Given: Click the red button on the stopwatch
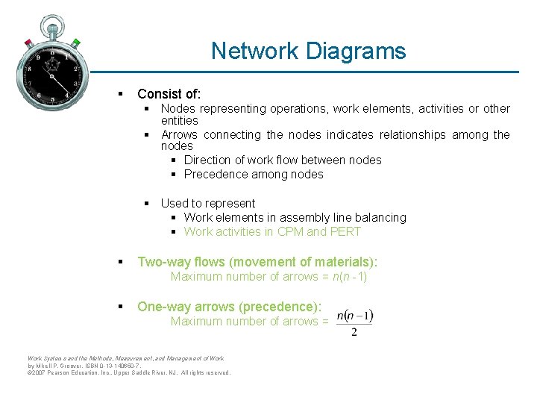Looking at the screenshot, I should point(28,42).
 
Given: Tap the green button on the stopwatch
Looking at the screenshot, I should point(75,43).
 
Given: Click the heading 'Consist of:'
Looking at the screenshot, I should point(169,94).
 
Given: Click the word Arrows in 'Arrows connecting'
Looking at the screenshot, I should point(180,135).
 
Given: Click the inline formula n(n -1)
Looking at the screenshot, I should point(350,277).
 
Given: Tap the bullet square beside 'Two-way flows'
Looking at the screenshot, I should point(119,262).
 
